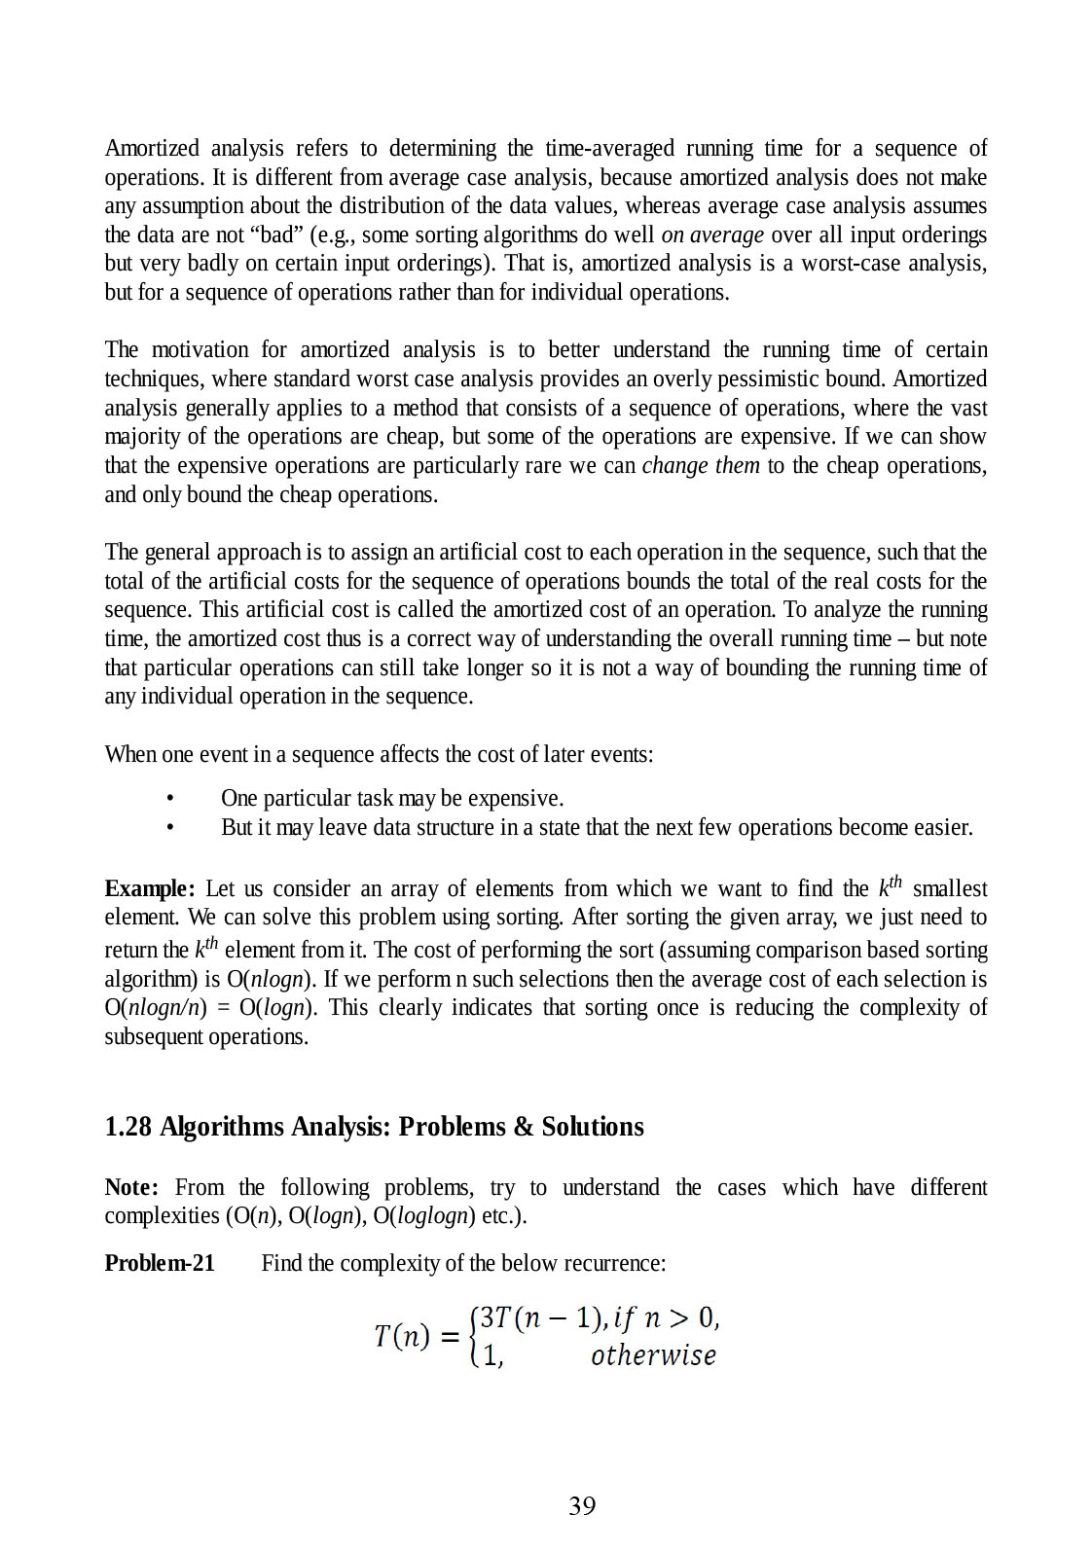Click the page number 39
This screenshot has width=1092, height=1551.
click(582, 1506)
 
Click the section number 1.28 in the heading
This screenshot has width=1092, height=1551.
click(127, 1127)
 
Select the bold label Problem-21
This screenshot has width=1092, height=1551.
click(160, 1264)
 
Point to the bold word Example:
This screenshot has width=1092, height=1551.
click(150, 889)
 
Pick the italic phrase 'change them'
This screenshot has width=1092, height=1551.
click(701, 466)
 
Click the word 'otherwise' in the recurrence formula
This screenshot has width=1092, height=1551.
click(653, 1356)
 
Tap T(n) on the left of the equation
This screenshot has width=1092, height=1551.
click(402, 1336)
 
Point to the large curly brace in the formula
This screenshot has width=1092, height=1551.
click(473, 1337)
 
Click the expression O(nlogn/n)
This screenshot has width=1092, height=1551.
click(156, 1008)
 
